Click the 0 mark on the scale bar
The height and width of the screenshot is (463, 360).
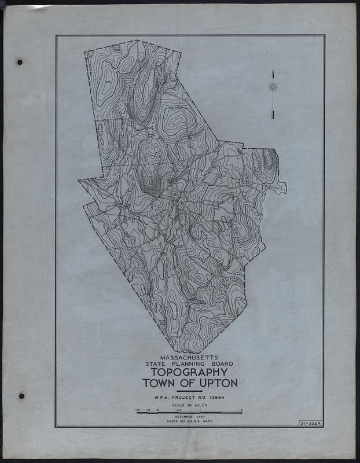[x=158, y=410]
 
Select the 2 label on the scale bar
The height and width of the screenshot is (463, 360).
[x=241, y=410]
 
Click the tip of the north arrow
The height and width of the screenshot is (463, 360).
[x=273, y=71]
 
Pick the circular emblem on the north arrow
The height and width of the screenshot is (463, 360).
[x=273, y=87]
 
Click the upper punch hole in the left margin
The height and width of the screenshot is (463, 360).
[x=19, y=61]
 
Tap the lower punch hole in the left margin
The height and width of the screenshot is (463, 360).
[x=21, y=396]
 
